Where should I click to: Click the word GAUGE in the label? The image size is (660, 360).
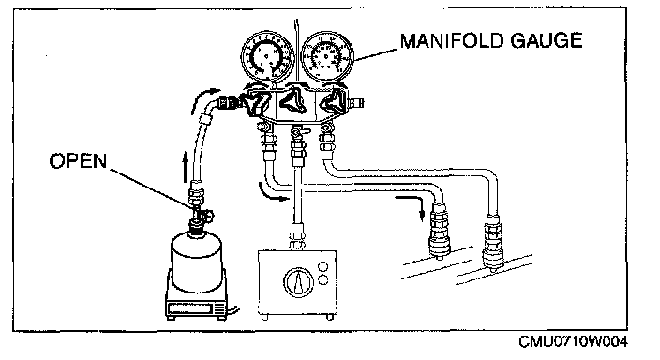pos(547,41)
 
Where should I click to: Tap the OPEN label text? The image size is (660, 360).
pos(79,161)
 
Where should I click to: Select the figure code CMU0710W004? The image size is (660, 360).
pos(573,341)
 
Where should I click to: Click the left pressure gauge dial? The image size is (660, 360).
pos(268,56)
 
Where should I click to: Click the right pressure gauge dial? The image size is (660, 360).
pos(328,56)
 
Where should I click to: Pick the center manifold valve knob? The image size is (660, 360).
pos(293,100)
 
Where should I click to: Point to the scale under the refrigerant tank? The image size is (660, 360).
pos(197,301)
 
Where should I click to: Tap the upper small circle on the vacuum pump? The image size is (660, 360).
pos(323,266)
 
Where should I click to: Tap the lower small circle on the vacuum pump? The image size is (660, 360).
pos(323,279)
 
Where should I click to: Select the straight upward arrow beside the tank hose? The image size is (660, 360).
pos(185,168)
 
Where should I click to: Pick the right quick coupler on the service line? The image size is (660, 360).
pos(493,241)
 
